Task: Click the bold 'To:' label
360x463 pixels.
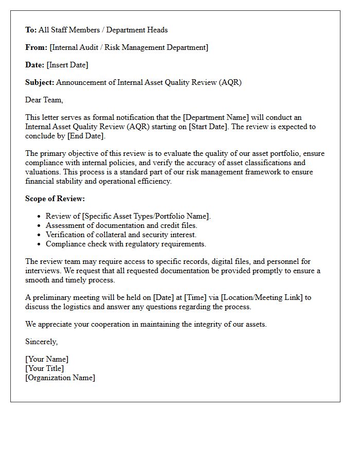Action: (31, 30)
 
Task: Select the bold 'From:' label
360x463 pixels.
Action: (36, 47)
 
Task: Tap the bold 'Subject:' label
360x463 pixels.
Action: (40, 82)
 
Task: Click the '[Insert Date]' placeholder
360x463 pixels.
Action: (67, 65)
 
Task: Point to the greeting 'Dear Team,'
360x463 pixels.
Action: (44, 100)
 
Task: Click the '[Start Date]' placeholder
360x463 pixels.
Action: (208, 127)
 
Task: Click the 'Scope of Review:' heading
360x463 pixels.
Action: (55, 199)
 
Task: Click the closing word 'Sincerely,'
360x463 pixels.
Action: (42, 342)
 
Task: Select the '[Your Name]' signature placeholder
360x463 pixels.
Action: (47, 359)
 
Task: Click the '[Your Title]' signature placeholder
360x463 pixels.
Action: (45, 368)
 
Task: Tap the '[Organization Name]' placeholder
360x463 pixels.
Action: (60, 378)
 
